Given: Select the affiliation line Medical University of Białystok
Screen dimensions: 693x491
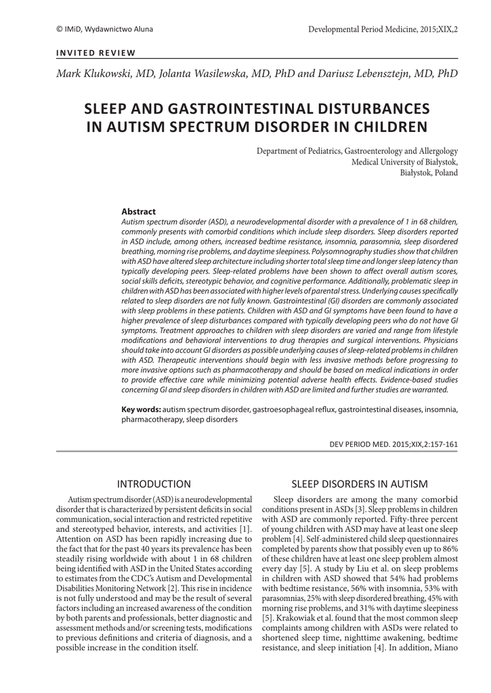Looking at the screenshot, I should point(404,162).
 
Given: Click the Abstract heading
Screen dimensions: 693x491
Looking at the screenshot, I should point(138,212).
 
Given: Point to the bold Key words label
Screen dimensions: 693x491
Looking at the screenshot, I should point(141,410).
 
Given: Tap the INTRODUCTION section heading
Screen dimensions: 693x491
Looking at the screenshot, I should point(154,484).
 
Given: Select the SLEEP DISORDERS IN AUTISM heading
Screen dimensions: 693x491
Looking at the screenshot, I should point(360,484).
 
